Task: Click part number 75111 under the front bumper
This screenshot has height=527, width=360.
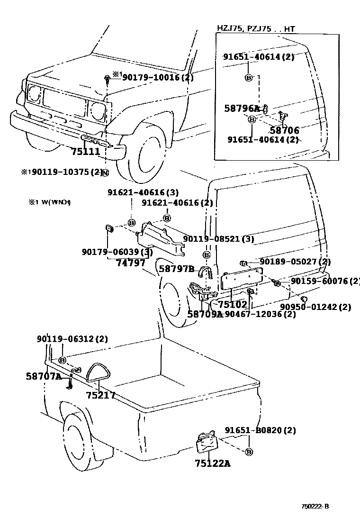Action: pos(85,152)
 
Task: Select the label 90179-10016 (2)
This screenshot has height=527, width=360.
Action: pos(158,77)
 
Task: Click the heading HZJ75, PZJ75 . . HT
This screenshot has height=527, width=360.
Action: pos(256,29)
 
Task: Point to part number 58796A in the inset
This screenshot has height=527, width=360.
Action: pos(242,109)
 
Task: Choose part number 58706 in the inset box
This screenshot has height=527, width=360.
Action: pos(284,130)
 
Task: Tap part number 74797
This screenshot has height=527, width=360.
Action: pos(131,263)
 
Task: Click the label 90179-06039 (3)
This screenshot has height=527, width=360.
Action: pos(117,252)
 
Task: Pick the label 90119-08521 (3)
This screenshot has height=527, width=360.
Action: pos(218,239)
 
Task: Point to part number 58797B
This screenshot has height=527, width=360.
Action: pos(176,269)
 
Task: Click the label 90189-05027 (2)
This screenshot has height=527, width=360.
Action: pos(295,262)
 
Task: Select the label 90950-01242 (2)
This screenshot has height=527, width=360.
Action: pos(315,307)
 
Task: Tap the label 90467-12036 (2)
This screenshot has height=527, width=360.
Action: pos(260,314)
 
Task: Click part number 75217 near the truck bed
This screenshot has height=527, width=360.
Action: pos(101,395)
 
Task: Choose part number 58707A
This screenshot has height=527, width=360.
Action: pos(43,377)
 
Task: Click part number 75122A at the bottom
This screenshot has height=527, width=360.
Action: pos(212,463)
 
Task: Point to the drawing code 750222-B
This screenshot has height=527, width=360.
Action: pos(315,506)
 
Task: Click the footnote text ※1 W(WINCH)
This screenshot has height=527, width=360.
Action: pos(50,202)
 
